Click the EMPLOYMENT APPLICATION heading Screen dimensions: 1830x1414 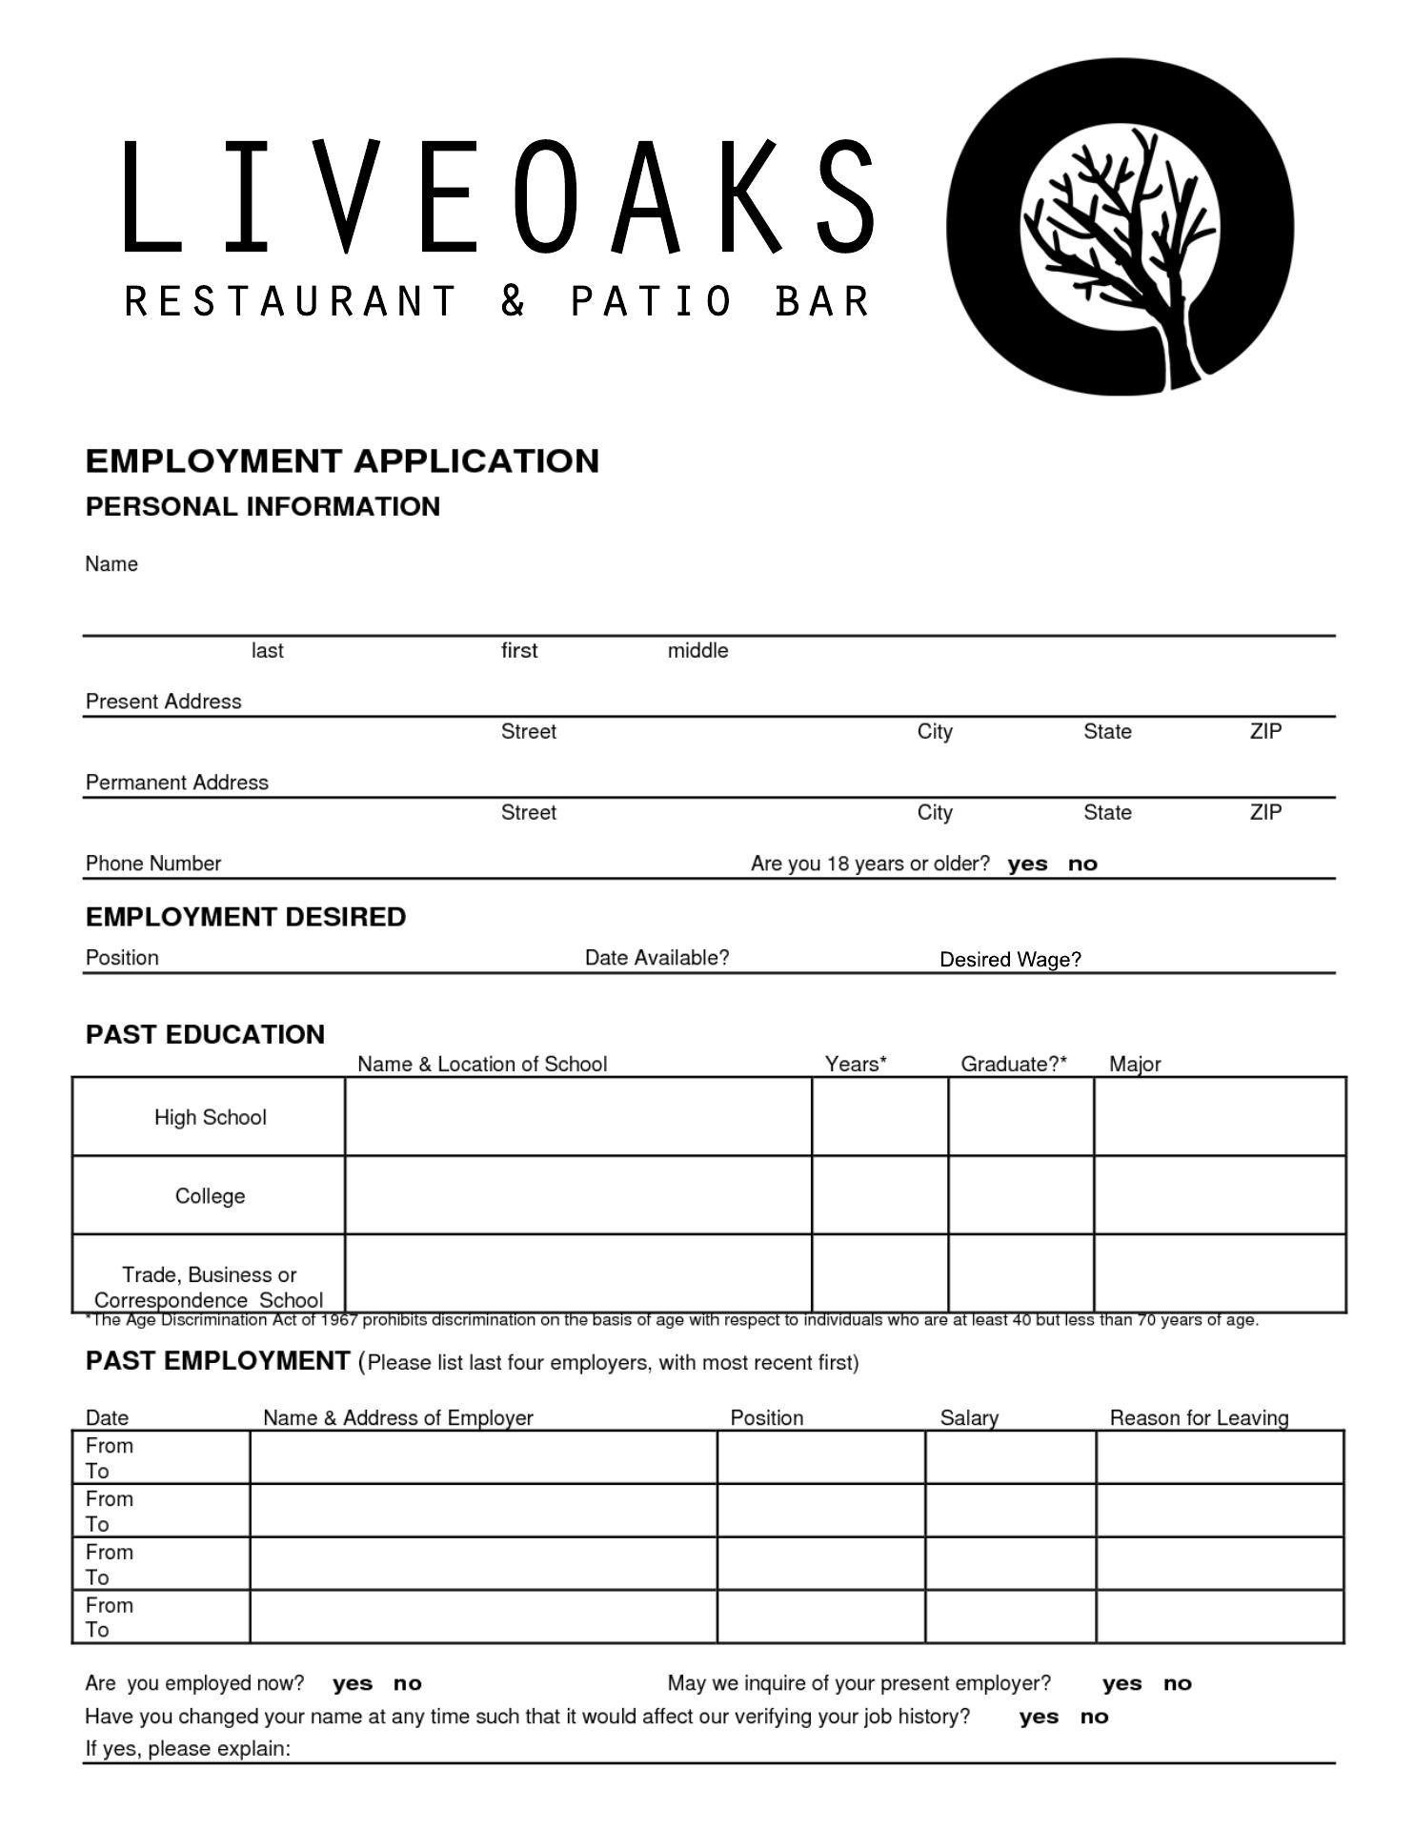(x=342, y=461)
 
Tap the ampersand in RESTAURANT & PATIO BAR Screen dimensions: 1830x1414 (x=513, y=301)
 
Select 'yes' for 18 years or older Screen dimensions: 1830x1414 (x=1027, y=864)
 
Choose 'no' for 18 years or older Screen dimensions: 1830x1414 (x=1082, y=864)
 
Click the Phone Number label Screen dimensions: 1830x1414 (x=153, y=864)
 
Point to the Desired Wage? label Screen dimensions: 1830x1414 (x=1010, y=960)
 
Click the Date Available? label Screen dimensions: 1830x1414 (x=656, y=958)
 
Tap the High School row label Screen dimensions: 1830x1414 (x=211, y=1117)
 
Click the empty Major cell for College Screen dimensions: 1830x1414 (x=1220, y=1195)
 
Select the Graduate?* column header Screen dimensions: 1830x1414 (x=1013, y=1064)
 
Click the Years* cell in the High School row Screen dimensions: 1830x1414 (x=879, y=1117)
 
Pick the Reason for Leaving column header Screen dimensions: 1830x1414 (x=1199, y=1418)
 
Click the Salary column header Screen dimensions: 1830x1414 (x=969, y=1418)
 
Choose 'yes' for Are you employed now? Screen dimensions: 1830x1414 (x=353, y=1684)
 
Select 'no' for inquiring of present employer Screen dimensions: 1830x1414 (x=1178, y=1684)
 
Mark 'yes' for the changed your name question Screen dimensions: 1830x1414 (x=1039, y=1718)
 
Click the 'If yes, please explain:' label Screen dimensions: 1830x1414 (x=188, y=1749)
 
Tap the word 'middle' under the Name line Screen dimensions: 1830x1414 (x=697, y=651)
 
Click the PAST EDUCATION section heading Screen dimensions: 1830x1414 (x=205, y=1035)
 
